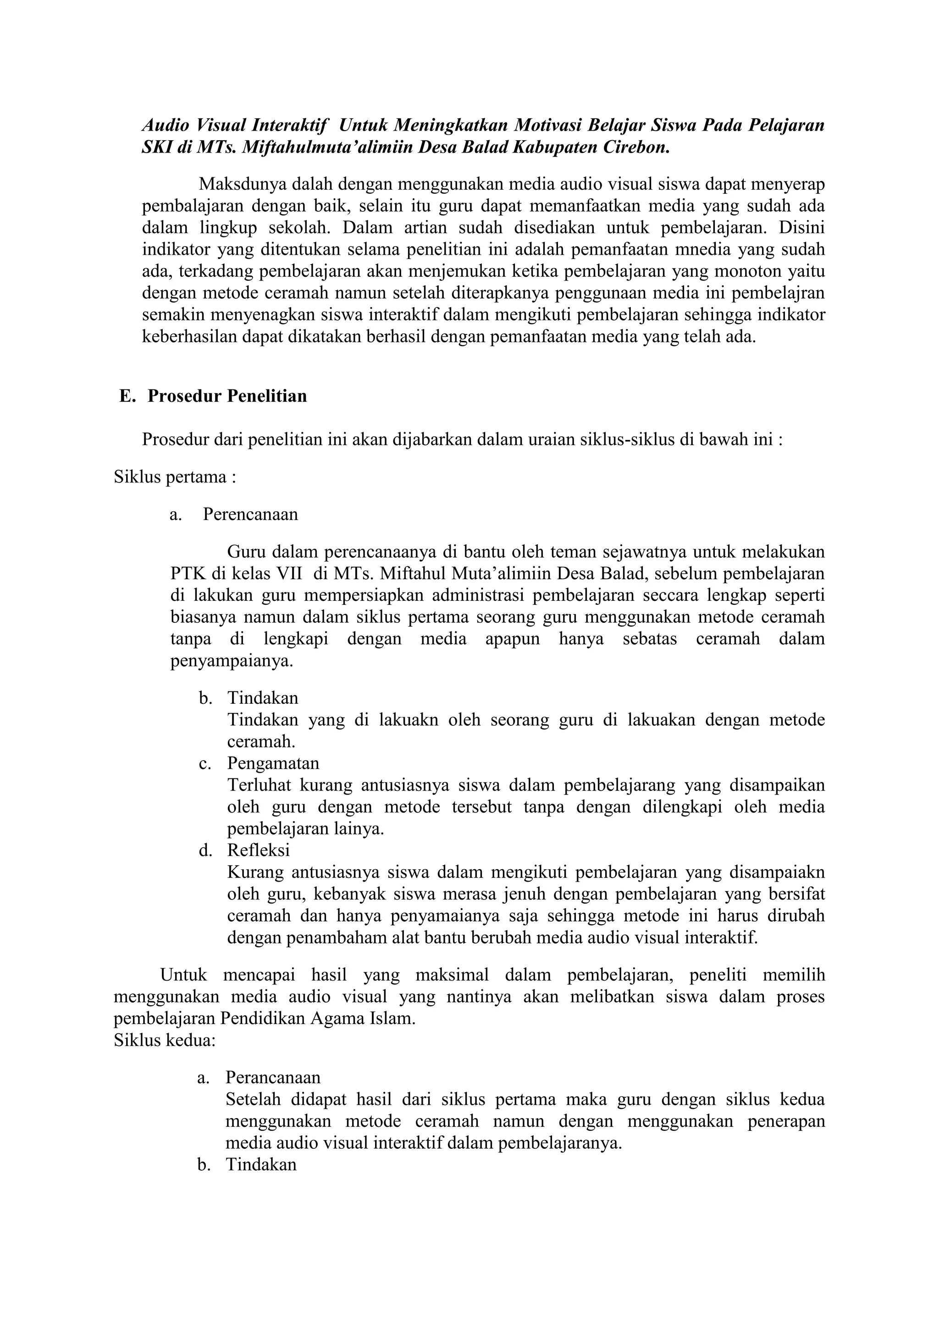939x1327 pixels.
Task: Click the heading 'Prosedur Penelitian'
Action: coord(227,396)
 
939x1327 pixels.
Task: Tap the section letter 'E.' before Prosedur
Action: coord(127,396)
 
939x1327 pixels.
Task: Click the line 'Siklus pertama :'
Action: coord(175,477)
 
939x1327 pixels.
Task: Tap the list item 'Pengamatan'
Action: coord(273,763)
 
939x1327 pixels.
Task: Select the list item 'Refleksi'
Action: coord(259,850)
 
